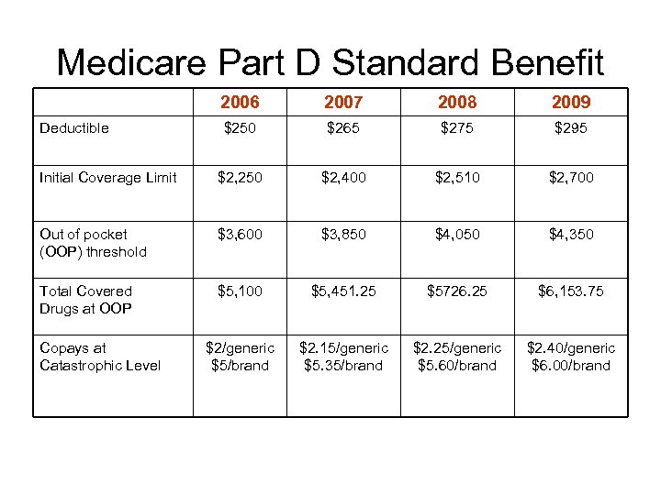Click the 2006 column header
click(x=240, y=102)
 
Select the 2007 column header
click(x=343, y=102)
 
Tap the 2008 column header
click(x=457, y=102)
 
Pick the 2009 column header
click(x=571, y=102)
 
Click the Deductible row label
click(x=74, y=128)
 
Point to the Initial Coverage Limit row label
click(x=108, y=178)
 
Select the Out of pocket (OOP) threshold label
click(x=93, y=243)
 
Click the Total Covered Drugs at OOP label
click(x=86, y=300)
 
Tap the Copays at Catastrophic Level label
click(x=100, y=357)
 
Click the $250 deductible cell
click(x=240, y=128)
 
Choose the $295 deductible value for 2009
click(x=571, y=128)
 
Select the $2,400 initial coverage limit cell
click(x=343, y=178)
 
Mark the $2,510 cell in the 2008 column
click(x=457, y=178)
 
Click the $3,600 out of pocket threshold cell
click(x=240, y=235)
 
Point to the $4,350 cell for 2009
click(x=571, y=235)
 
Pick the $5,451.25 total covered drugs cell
click(x=343, y=291)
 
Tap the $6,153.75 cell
click(x=571, y=291)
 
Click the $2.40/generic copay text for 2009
click(x=571, y=348)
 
